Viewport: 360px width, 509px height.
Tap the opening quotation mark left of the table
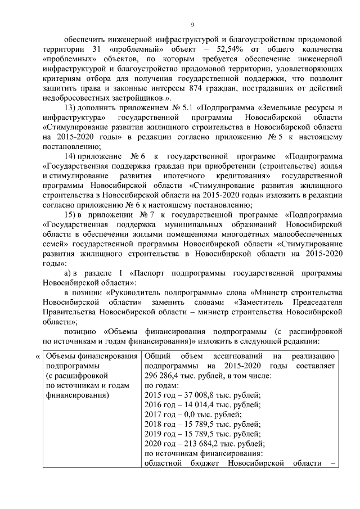pos(37,357)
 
